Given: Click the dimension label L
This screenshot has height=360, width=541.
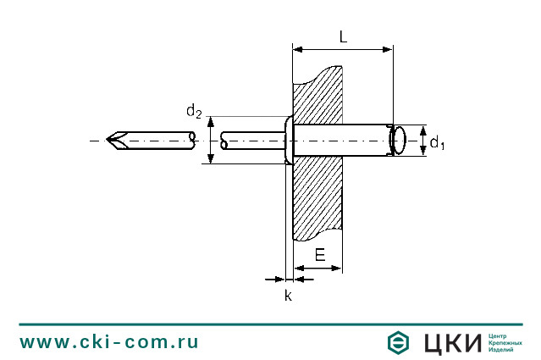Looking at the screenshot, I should click(x=342, y=36).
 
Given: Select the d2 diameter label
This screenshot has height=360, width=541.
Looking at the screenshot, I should click(x=194, y=111).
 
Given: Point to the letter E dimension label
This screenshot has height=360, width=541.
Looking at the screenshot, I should click(x=320, y=254).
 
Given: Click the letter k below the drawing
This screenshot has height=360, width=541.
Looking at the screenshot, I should click(x=288, y=296).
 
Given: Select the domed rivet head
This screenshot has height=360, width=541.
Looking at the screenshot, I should click(x=287, y=140).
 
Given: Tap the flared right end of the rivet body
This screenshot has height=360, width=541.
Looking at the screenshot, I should click(x=395, y=140).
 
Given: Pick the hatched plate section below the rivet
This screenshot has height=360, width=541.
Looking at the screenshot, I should click(x=317, y=195).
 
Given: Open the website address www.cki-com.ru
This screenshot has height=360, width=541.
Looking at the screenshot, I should click(x=109, y=342).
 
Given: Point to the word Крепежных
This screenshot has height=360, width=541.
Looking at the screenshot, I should click(x=505, y=343).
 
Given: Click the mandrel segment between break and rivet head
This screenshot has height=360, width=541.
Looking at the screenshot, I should click(x=251, y=140).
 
